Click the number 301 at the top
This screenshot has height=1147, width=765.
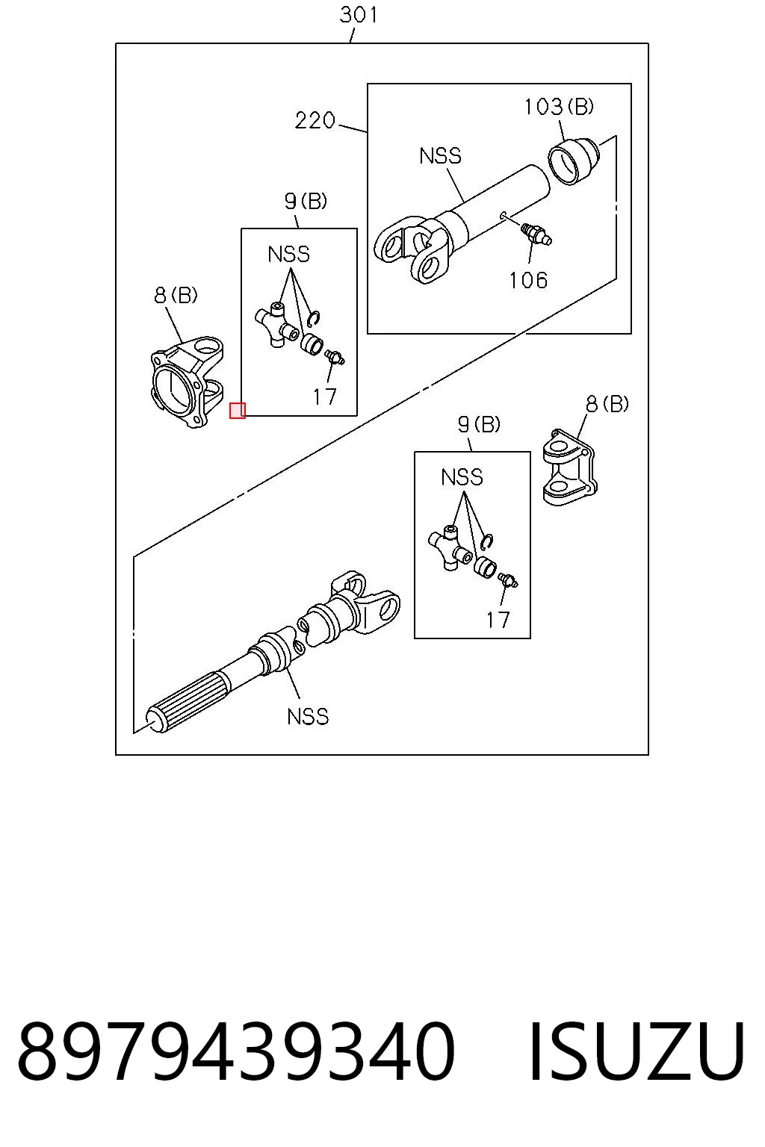[x=359, y=14]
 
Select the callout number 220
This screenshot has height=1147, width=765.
[x=315, y=120]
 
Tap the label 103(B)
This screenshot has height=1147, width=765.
[x=559, y=107]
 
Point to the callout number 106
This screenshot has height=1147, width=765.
[x=528, y=280]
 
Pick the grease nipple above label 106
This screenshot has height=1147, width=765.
[x=536, y=234]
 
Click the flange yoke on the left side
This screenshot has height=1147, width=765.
[x=188, y=382]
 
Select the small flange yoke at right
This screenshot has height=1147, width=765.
[x=569, y=467]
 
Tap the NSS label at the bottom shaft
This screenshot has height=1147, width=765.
[x=308, y=716]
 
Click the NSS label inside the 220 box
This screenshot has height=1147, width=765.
[x=440, y=155]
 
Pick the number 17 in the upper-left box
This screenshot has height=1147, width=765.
[x=324, y=397]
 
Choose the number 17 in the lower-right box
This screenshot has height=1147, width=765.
[x=498, y=620]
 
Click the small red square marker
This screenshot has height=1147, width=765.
[x=238, y=411]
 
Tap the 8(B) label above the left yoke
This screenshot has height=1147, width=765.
[x=176, y=296]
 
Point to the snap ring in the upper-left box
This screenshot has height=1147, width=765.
[x=314, y=318]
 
